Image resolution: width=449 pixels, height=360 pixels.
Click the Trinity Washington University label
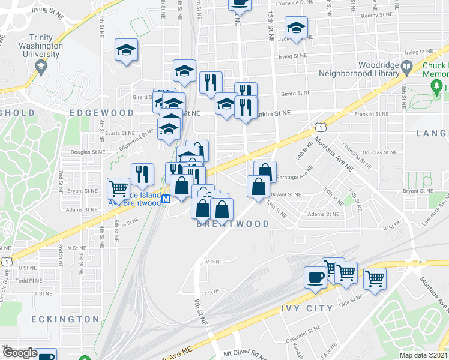pos(41,45)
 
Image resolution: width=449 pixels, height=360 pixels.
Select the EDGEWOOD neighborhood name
pos(101,113)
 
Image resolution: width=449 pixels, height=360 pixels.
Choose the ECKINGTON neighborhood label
pos(65,319)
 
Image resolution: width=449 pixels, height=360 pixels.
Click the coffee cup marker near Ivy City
pos(316,277)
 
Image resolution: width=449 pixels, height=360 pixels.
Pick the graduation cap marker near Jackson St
pos(296,28)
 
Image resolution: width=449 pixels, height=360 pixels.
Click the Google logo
pos(19,353)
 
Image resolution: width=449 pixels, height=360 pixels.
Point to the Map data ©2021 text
pos(424,355)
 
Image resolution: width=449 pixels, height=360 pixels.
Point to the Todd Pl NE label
pos(29,280)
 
